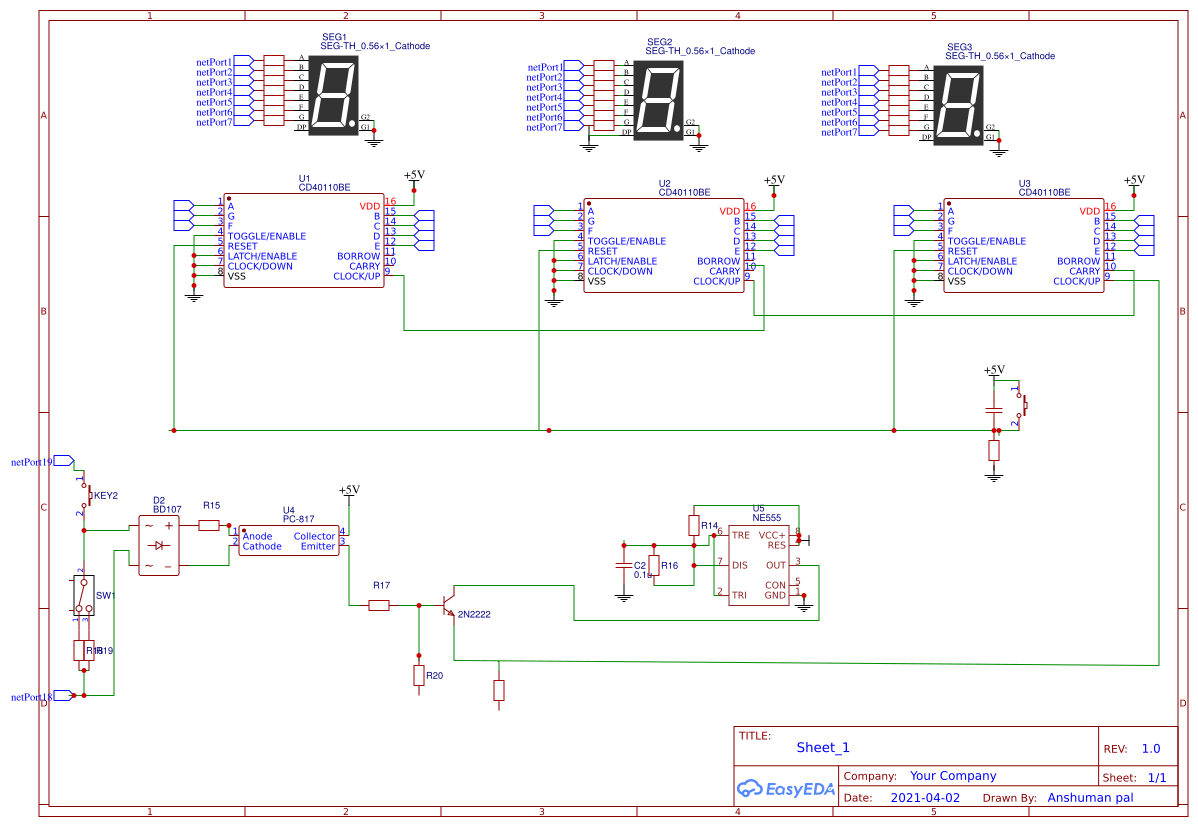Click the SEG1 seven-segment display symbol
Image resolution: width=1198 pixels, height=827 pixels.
pyautogui.click(x=334, y=95)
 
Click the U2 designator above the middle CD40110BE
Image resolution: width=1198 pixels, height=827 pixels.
pyautogui.click(x=665, y=183)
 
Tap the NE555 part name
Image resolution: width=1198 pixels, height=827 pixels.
pyautogui.click(x=766, y=518)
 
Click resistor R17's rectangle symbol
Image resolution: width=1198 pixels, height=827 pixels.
pyautogui.click(x=379, y=605)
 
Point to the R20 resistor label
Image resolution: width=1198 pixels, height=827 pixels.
pyautogui.click(x=434, y=676)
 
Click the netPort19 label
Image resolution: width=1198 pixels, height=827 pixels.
pyautogui.click(x=31, y=462)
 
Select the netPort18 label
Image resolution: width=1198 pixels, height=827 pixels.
pyautogui.click(x=31, y=696)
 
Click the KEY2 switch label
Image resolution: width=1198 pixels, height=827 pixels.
pyautogui.click(x=106, y=495)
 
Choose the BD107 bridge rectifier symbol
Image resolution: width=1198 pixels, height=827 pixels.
pyautogui.click(x=159, y=545)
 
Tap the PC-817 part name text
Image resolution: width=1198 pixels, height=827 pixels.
pyautogui.click(x=299, y=519)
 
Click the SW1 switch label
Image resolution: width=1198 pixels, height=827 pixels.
pyautogui.click(x=105, y=595)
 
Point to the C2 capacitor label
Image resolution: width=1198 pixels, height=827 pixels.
pyautogui.click(x=640, y=565)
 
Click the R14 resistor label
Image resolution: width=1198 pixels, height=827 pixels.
pyautogui.click(x=709, y=525)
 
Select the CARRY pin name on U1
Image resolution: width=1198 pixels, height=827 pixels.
pyautogui.click(x=365, y=266)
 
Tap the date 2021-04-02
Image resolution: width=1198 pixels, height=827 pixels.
pyautogui.click(x=924, y=798)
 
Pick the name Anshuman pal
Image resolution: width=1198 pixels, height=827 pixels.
pyautogui.click(x=1090, y=798)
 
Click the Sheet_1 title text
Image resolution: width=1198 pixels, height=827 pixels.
pyautogui.click(x=822, y=747)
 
